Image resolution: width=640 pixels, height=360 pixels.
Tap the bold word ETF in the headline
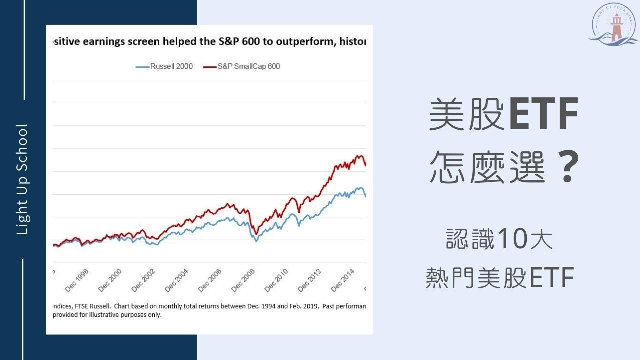click(x=544, y=115)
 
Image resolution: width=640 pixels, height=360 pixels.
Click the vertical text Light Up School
click(x=23, y=179)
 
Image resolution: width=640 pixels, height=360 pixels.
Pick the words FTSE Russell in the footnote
click(x=97, y=305)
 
